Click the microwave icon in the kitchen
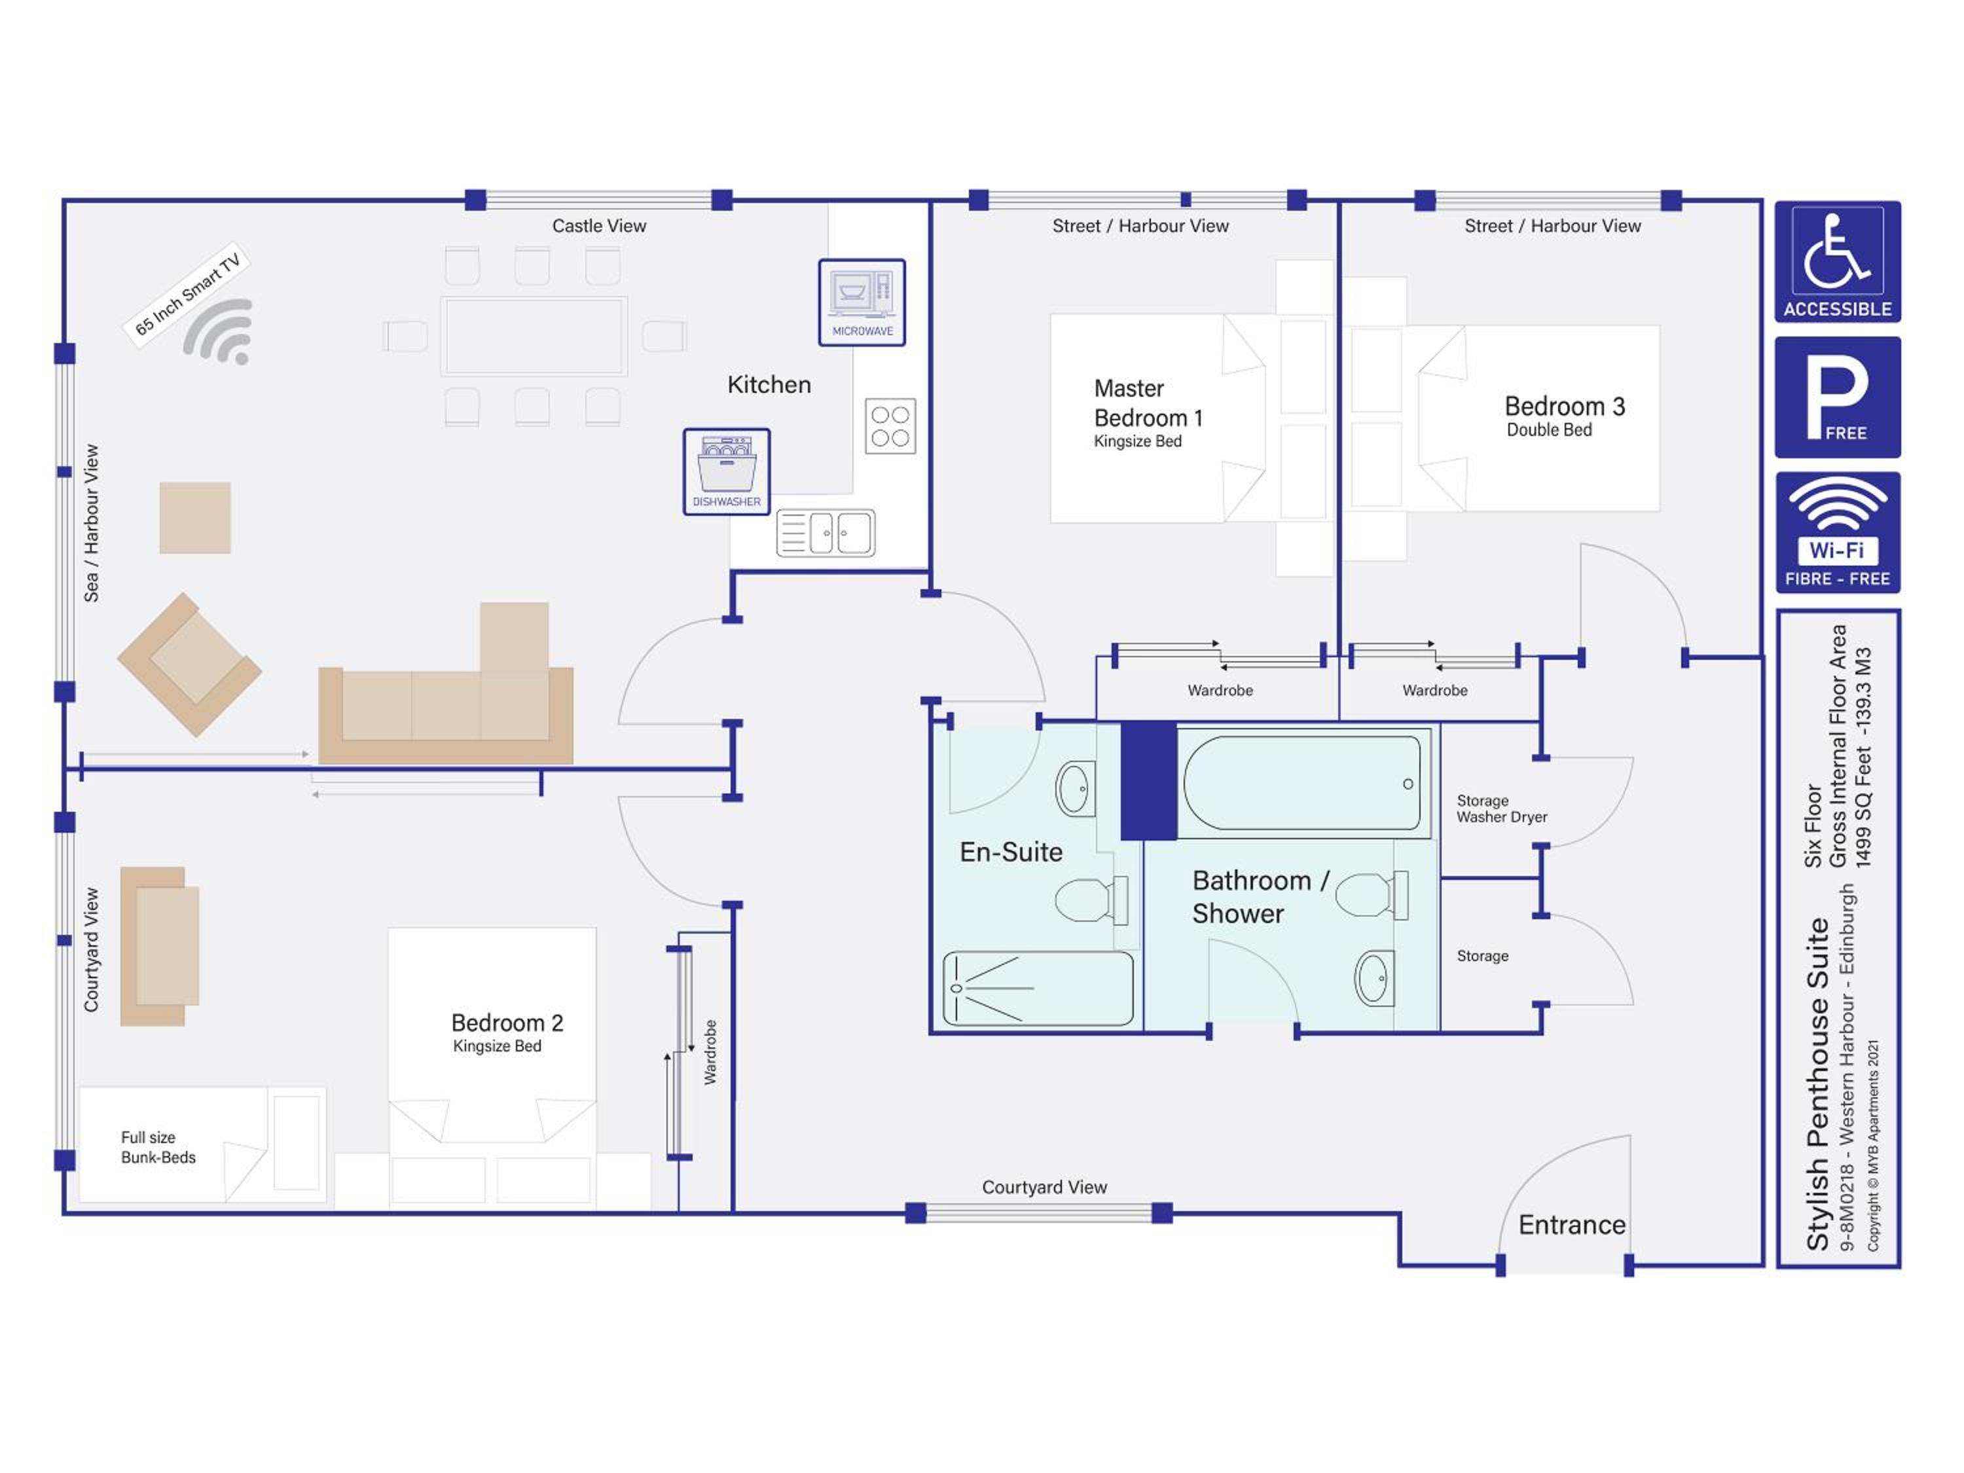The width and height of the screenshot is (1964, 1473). click(862, 302)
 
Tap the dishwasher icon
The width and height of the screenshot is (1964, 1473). click(726, 471)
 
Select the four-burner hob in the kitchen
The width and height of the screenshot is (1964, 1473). click(890, 426)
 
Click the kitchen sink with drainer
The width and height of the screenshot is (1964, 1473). click(826, 533)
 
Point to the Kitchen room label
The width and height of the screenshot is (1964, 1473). click(769, 384)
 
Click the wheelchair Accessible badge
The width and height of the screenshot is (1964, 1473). click(1837, 262)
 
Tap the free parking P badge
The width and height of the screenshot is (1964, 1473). click(1837, 397)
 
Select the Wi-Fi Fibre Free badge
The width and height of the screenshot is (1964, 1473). click(1837, 533)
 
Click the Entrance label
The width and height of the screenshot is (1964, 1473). click(1572, 1226)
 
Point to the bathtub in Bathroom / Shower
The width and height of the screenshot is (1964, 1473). click(1303, 783)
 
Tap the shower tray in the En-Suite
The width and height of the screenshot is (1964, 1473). click(1038, 988)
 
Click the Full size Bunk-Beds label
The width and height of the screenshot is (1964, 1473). click(158, 1147)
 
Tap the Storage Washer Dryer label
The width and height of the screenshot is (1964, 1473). click(1501, 809)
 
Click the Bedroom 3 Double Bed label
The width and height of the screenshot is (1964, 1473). click(1565, 416)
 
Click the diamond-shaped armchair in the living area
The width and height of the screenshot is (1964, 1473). click(189, 664)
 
